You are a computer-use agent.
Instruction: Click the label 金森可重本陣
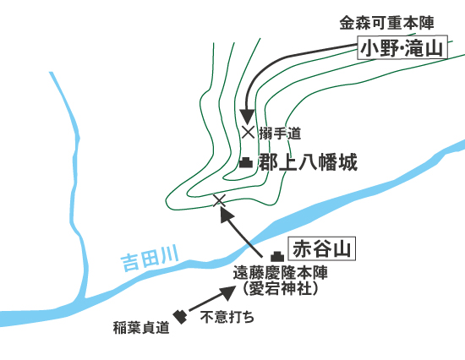tap(386, 23)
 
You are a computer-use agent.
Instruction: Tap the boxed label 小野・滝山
tap(402, 47)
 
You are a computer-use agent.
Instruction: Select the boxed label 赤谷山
tap(322, 248)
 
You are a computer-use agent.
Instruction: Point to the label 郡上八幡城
tap(308, 162)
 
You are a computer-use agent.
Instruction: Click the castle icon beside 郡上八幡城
tap(246, 163)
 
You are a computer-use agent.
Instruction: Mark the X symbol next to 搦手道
tap(248, 133)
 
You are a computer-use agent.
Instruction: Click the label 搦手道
tap(280, 134)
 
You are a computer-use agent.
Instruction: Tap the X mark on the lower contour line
tap(220, 200)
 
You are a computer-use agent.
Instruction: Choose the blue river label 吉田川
tap(150, 258)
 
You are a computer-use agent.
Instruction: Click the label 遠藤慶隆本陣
tap(280, 272)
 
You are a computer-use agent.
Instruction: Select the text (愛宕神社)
tap(280, 288)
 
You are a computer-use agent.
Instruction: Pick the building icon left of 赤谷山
tap(277, 256)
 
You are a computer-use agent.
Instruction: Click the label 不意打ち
tap(227, 317)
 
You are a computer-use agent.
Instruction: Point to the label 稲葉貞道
tap(141, 328)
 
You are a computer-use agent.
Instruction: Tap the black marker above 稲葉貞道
tap(180, 317)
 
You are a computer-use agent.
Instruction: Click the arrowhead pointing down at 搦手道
tap(247, 117)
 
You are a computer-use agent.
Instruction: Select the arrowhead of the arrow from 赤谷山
tap(227, 214)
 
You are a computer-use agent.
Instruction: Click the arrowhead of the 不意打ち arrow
tap(228, 292)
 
